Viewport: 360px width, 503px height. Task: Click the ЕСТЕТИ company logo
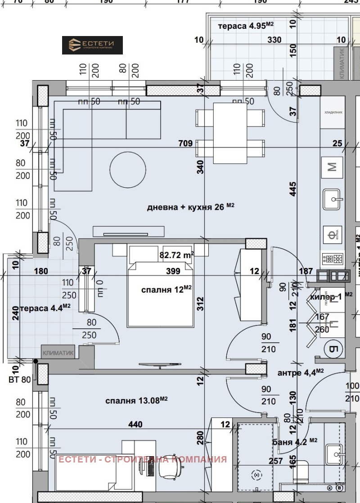point(92,45)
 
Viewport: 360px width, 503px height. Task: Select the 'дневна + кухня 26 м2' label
point(191,207)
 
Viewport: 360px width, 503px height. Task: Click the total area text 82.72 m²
point(177,255)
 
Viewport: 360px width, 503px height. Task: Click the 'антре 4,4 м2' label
point(301,372)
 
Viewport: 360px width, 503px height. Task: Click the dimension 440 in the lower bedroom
point(135,424)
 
